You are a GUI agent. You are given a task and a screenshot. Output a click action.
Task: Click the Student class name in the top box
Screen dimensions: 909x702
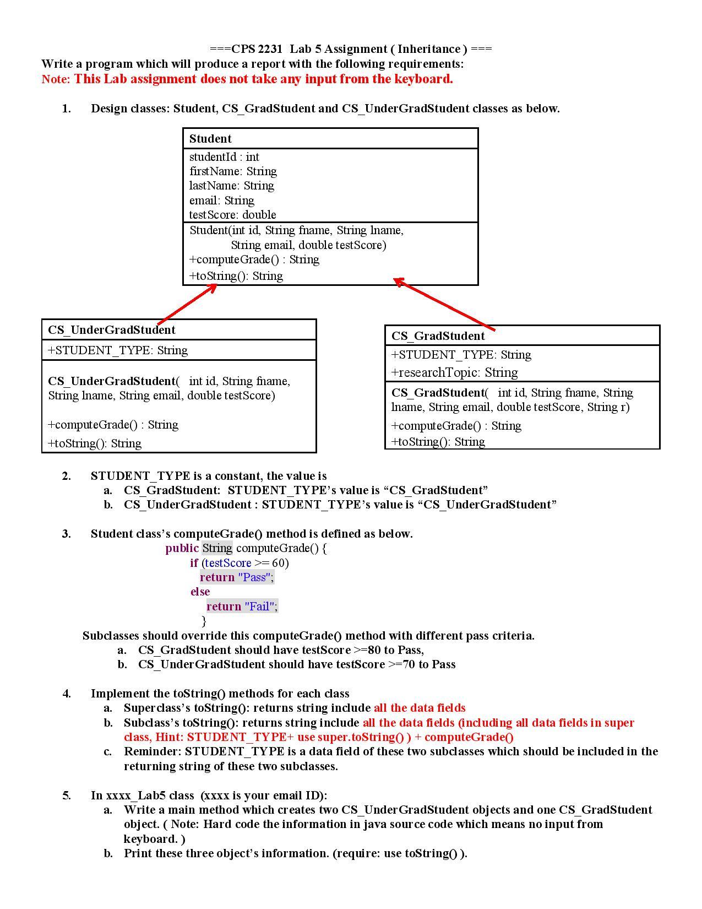[x=210, y=139]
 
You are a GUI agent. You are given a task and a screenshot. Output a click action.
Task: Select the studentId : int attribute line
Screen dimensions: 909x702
[x=224, y=157]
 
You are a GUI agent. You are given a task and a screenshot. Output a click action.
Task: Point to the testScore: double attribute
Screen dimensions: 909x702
[x=233, y=215]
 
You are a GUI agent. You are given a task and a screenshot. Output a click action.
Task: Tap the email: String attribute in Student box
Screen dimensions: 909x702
[x=222, y=201]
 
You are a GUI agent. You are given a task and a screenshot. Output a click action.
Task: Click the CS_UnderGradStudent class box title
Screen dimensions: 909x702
[x=112, y=330]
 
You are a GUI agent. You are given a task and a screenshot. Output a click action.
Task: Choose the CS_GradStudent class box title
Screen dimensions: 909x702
[x=438, y=336]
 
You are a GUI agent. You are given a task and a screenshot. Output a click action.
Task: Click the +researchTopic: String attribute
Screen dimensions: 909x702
[x=455, y=373]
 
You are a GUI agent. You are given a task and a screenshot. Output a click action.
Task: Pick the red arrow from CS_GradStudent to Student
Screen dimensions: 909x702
[x=444, y=305]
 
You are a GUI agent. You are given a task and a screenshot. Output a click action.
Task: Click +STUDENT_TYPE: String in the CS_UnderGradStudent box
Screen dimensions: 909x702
[x=118, y=350]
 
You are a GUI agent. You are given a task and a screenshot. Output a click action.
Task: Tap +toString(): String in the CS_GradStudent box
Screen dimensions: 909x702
[x=438, y=442]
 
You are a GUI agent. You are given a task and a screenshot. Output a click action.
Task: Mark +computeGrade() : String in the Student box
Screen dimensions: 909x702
[x=254, y=259]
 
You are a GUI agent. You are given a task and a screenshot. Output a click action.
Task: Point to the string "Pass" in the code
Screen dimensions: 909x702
[x=254, y=577]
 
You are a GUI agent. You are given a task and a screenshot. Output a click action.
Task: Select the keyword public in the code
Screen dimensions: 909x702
[x=182, y=548]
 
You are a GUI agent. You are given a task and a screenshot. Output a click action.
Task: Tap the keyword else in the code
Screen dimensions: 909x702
[x=200, y=592]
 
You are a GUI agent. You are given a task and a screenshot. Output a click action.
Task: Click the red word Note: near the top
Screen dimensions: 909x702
[x=56, y=79]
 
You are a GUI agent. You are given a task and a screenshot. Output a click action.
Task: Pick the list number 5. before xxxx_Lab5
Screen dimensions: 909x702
[x=67, y=796]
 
